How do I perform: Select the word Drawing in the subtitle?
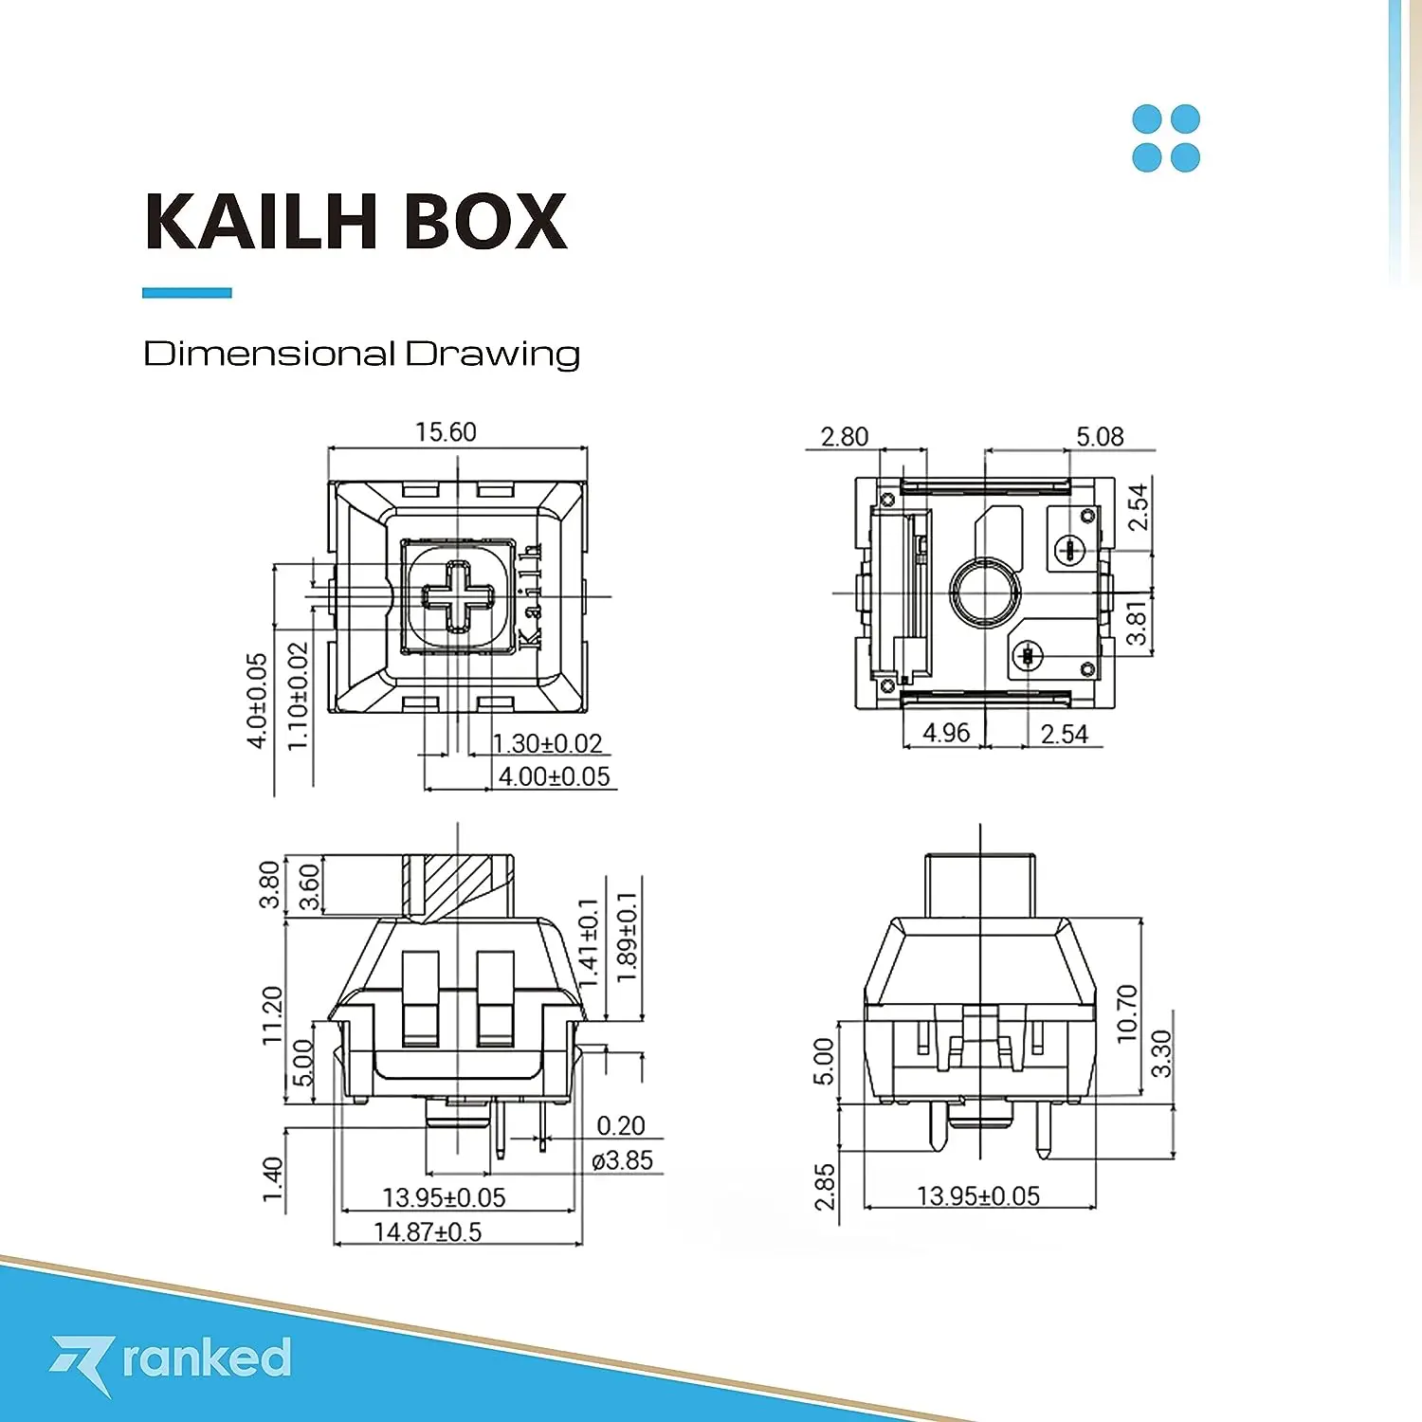[x=492, y=355]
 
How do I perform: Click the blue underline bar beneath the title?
[x=187, y=293]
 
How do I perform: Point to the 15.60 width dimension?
[x=446, y=432]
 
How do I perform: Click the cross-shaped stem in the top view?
[x=458, y=596]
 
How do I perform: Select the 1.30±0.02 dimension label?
[x=548, y=743]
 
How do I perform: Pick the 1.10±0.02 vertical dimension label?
[x=298, y=697]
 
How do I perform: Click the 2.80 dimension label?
[x=844, y=437]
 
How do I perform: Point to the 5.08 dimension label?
[x=1100, y=437]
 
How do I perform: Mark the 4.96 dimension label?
[x=946, y=733]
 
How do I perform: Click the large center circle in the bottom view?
[x=985, y=593]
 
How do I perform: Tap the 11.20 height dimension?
[x=272, y=1014]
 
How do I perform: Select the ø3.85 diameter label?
[x=622, y=1160]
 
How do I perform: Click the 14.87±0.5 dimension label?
[x=428, y=1231]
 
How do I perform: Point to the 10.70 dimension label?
[x=1126, y=1012]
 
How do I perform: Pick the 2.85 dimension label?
[x=825, y=1187]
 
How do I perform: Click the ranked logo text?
[x=206, y=1358]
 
